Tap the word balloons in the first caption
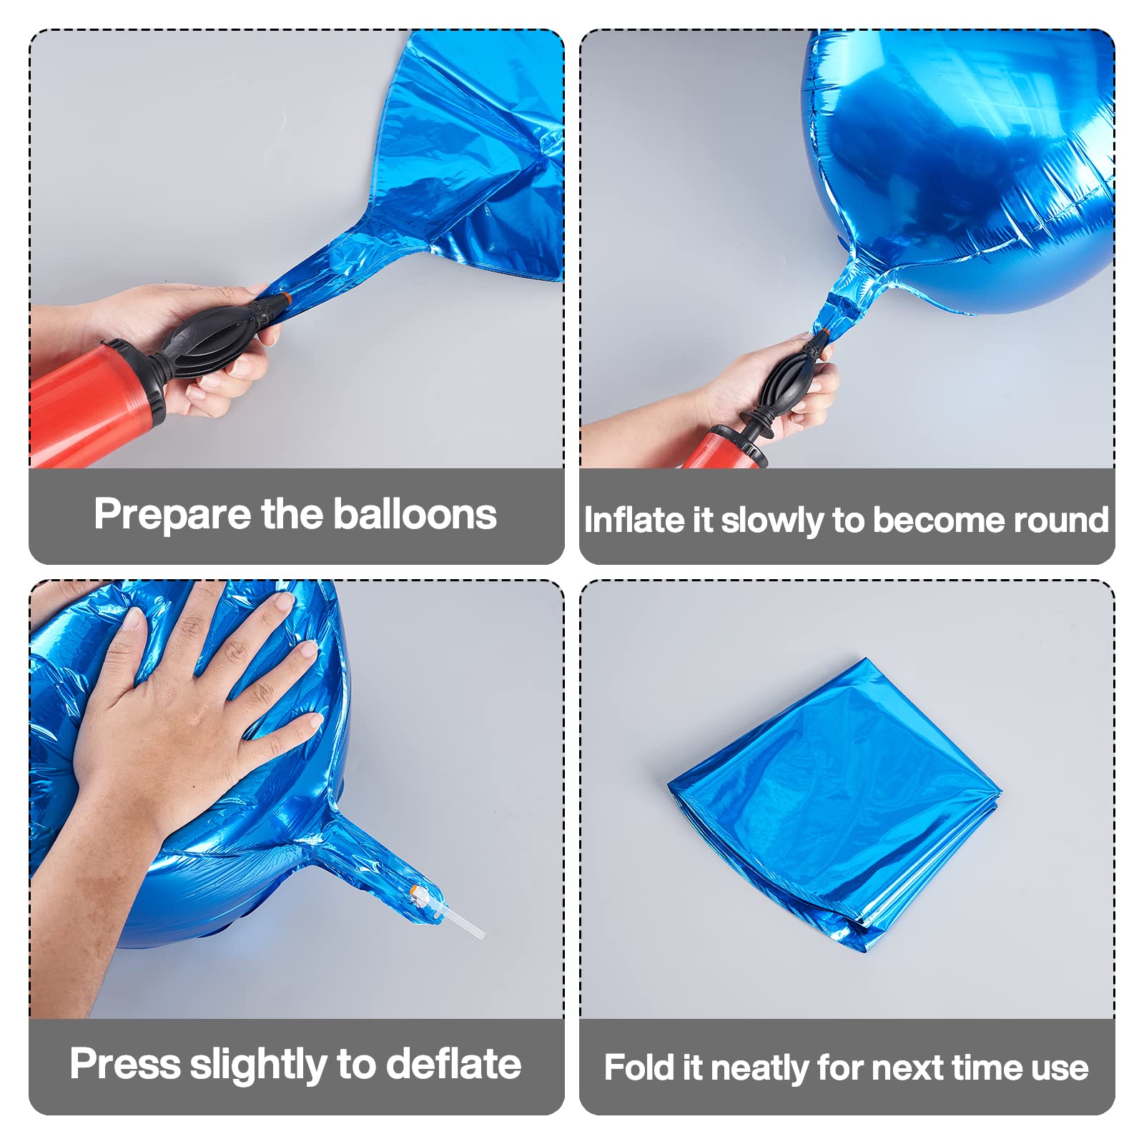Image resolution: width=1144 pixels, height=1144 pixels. pos(415,514)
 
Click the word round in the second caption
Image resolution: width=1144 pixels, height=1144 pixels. pos(1062,520)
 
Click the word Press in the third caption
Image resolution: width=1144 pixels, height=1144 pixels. pos(125,1063)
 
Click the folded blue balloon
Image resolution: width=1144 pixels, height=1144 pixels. pos(834,804)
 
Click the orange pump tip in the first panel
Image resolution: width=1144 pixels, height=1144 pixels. pos(286,295)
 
